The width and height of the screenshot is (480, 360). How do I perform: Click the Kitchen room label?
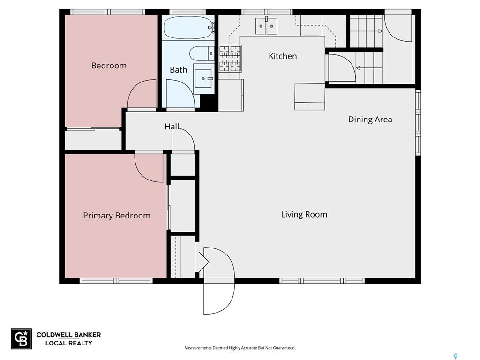click(283, 56)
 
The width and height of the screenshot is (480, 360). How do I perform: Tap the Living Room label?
click(304, 214)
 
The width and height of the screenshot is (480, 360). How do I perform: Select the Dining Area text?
click(370, 120)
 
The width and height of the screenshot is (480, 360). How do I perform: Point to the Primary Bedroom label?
click(117, 216)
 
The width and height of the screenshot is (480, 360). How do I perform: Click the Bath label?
click(179, 70)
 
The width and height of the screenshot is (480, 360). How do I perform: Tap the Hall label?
click(172, 127)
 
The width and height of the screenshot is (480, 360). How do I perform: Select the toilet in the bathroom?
click(202, 53)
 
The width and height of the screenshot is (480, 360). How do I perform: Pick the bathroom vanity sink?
click(204, 79)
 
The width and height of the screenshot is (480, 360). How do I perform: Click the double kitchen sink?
click(266, 26)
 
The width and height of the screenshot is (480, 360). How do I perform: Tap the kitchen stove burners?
click(230, 59)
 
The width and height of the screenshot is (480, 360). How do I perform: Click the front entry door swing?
click(219, 281)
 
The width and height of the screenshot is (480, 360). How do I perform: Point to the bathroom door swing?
click(180, 93)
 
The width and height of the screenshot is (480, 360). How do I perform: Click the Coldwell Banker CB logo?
click(22, 338)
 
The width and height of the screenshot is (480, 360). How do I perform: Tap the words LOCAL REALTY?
click(68, 343)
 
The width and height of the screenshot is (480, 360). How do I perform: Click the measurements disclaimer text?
click(240, 348)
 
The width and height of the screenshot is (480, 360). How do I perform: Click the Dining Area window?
click(418, 122)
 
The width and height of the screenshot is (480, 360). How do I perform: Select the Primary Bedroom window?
click(116, 281)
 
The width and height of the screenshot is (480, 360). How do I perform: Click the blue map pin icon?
click(456, 356)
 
